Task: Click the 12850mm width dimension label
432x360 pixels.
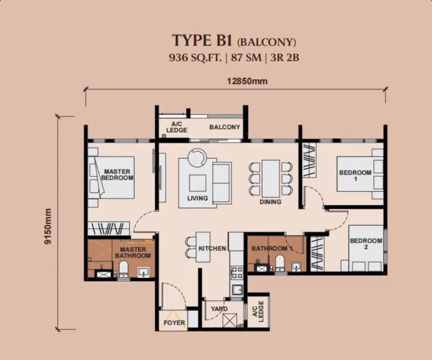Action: tap(247, 81)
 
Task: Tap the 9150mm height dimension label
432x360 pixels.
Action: tap(48, 226)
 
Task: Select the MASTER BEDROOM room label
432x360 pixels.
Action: tap(117, 175)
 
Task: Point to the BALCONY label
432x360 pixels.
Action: tap(224, 127)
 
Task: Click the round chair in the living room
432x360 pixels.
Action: tap(197, 158)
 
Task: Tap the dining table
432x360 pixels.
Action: tap(270, 178)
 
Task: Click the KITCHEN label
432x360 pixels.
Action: tap(212, 249)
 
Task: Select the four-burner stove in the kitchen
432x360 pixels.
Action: tap(236, 272)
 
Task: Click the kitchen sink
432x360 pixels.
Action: tap(237, 290)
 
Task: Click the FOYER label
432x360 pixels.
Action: tap(174, 322)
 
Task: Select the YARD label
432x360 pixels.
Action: tap(219, 309)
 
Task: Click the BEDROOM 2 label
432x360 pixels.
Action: tap(366, 244)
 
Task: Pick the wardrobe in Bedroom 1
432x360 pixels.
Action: tap(309, 160)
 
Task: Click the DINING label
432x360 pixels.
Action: tap(270, 202)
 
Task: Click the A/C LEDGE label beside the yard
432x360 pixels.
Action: tap(258, 311)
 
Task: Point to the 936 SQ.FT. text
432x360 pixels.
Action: tap(195, 58)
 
